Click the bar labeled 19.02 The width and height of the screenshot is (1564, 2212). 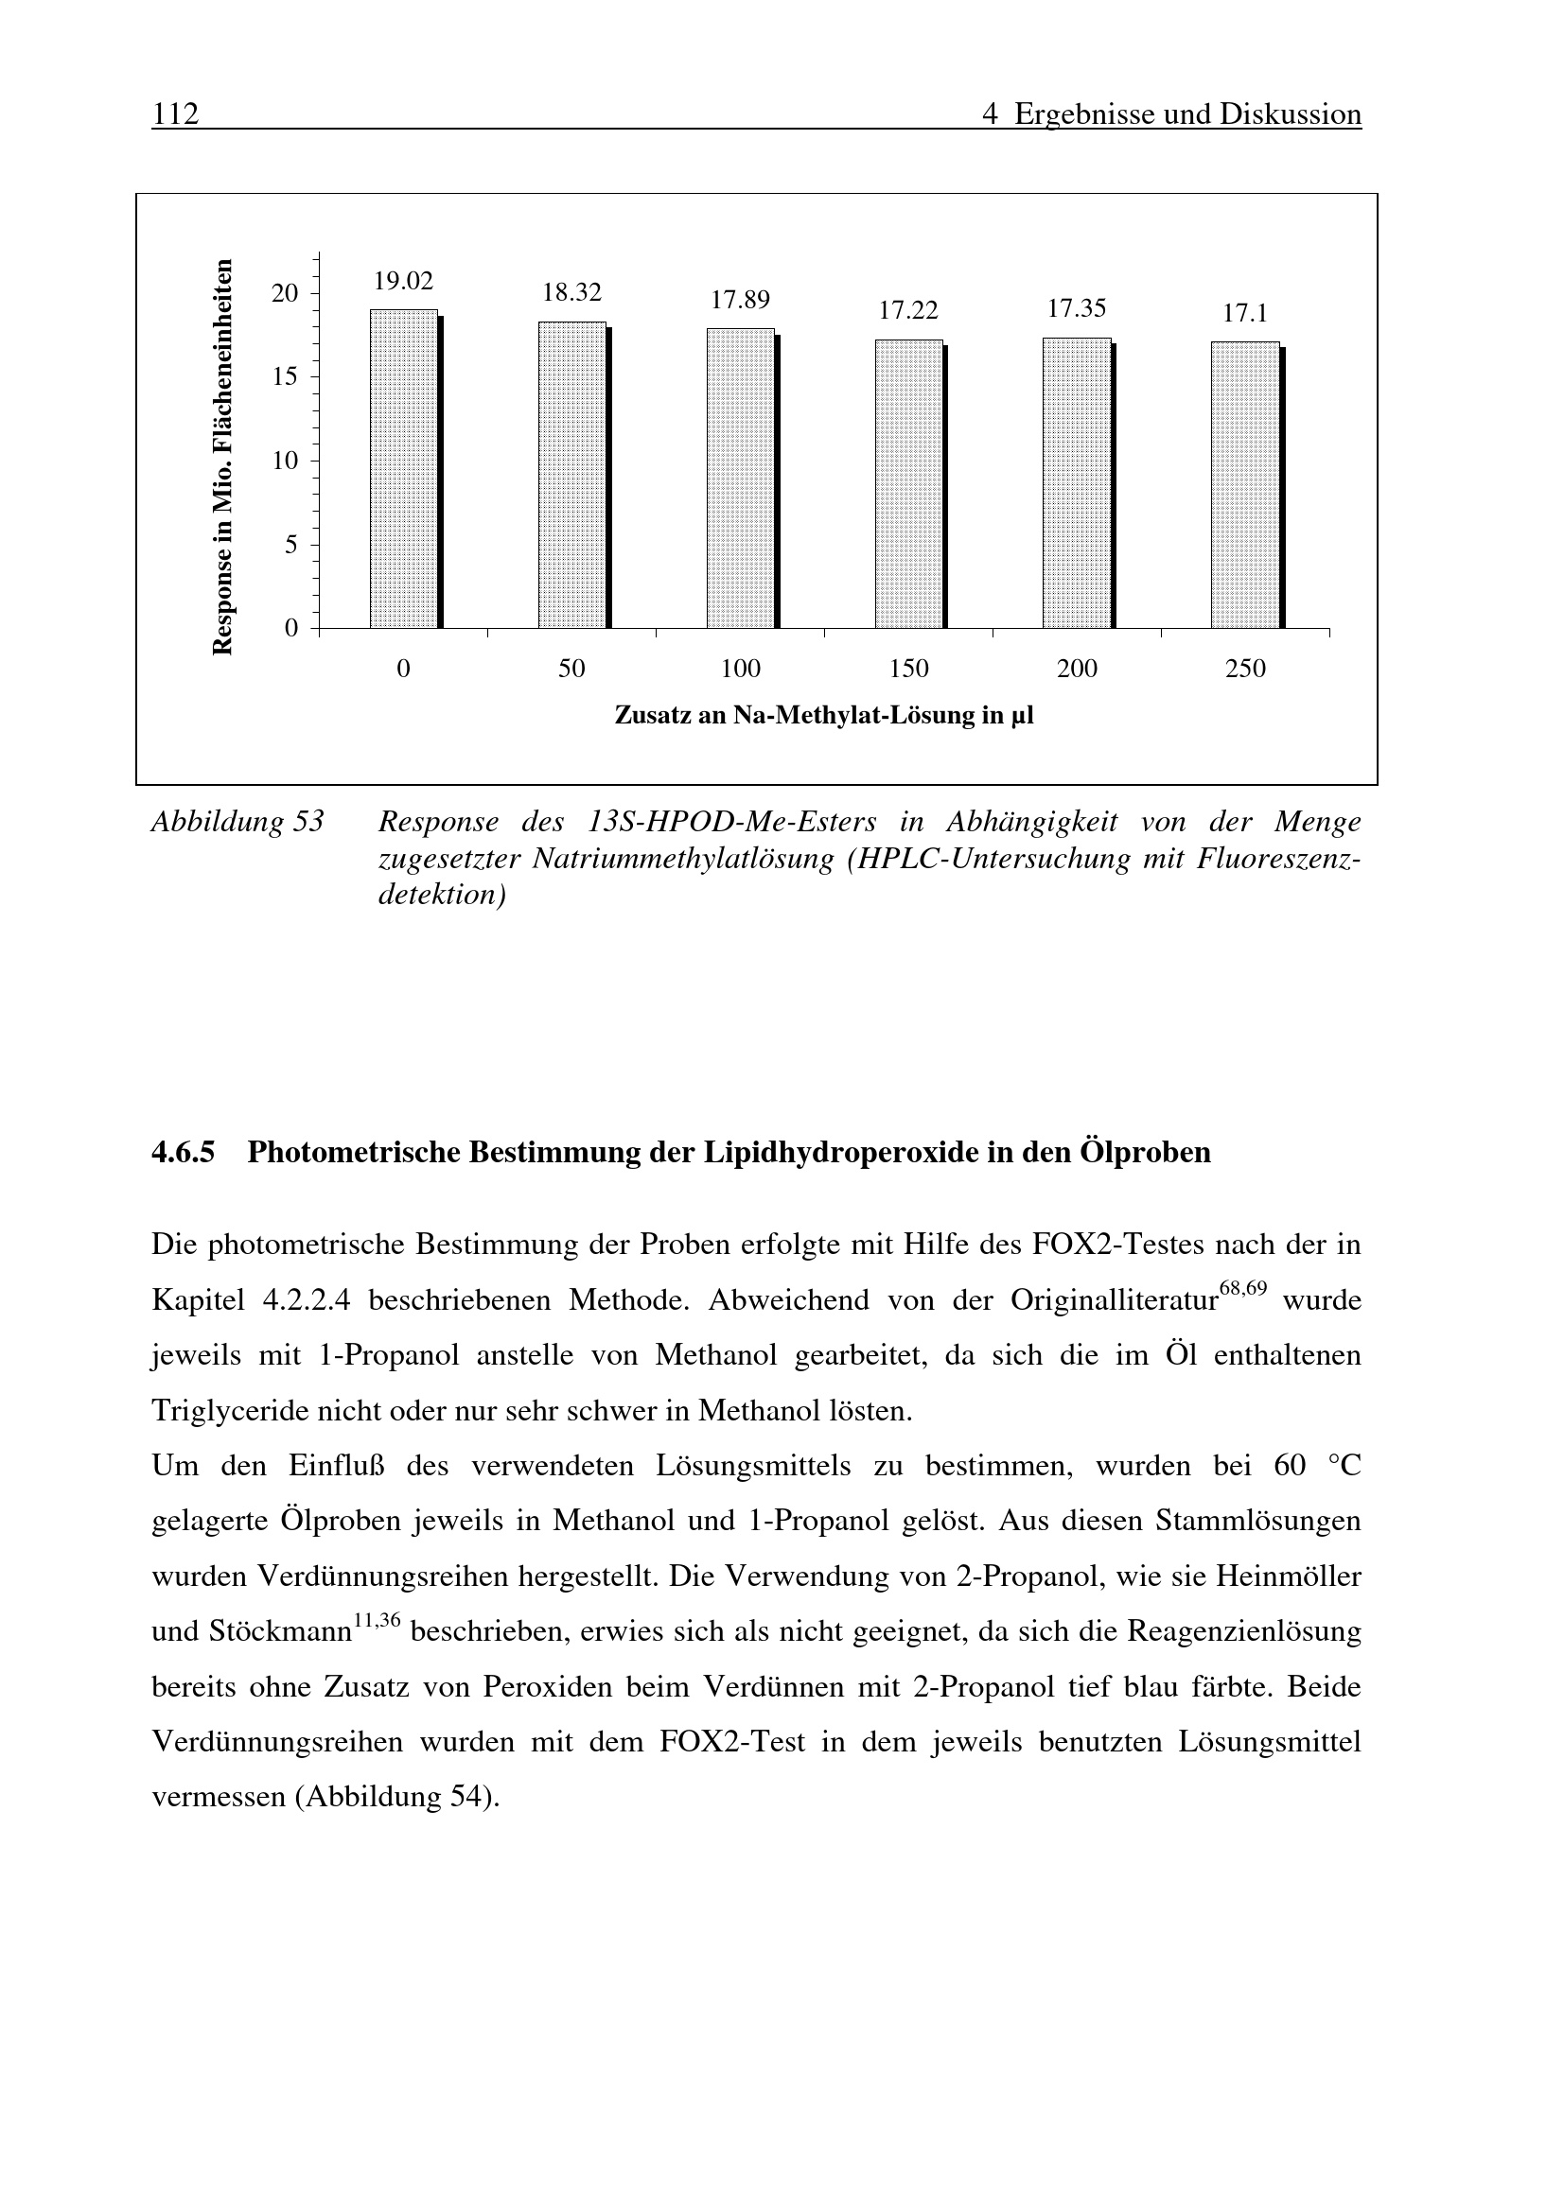click(x=404, y=469)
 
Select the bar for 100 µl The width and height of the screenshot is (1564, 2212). click(x=740, y=479)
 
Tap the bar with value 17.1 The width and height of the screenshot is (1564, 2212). click(x=1245, y=484)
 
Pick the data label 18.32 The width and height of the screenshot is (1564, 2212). click(x=571, y=292)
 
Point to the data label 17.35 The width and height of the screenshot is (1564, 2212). click(x=1077, y=308)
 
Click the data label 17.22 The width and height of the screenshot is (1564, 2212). click(x=907, y=310)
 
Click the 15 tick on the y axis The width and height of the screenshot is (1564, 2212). click(x=285, y=376)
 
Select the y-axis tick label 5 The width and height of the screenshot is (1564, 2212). click(x=291, y=546)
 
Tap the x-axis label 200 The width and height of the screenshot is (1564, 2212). click(x=1077, y=669)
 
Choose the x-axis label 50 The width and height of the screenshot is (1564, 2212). click(x=571, y=669)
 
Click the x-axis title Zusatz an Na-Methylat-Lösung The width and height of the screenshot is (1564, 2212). click(x=824, y=716)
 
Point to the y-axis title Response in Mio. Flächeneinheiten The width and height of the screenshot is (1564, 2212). click(x=222, y=458)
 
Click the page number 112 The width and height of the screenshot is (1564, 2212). click(x=175, y=114)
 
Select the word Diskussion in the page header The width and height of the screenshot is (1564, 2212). click(x=1291, y=114)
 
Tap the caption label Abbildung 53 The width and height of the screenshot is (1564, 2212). click(x=238, y=822)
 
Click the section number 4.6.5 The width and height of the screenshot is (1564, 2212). click(x=184, y=1152)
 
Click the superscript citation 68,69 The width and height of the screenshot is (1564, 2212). click(x=1243, y=1288)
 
